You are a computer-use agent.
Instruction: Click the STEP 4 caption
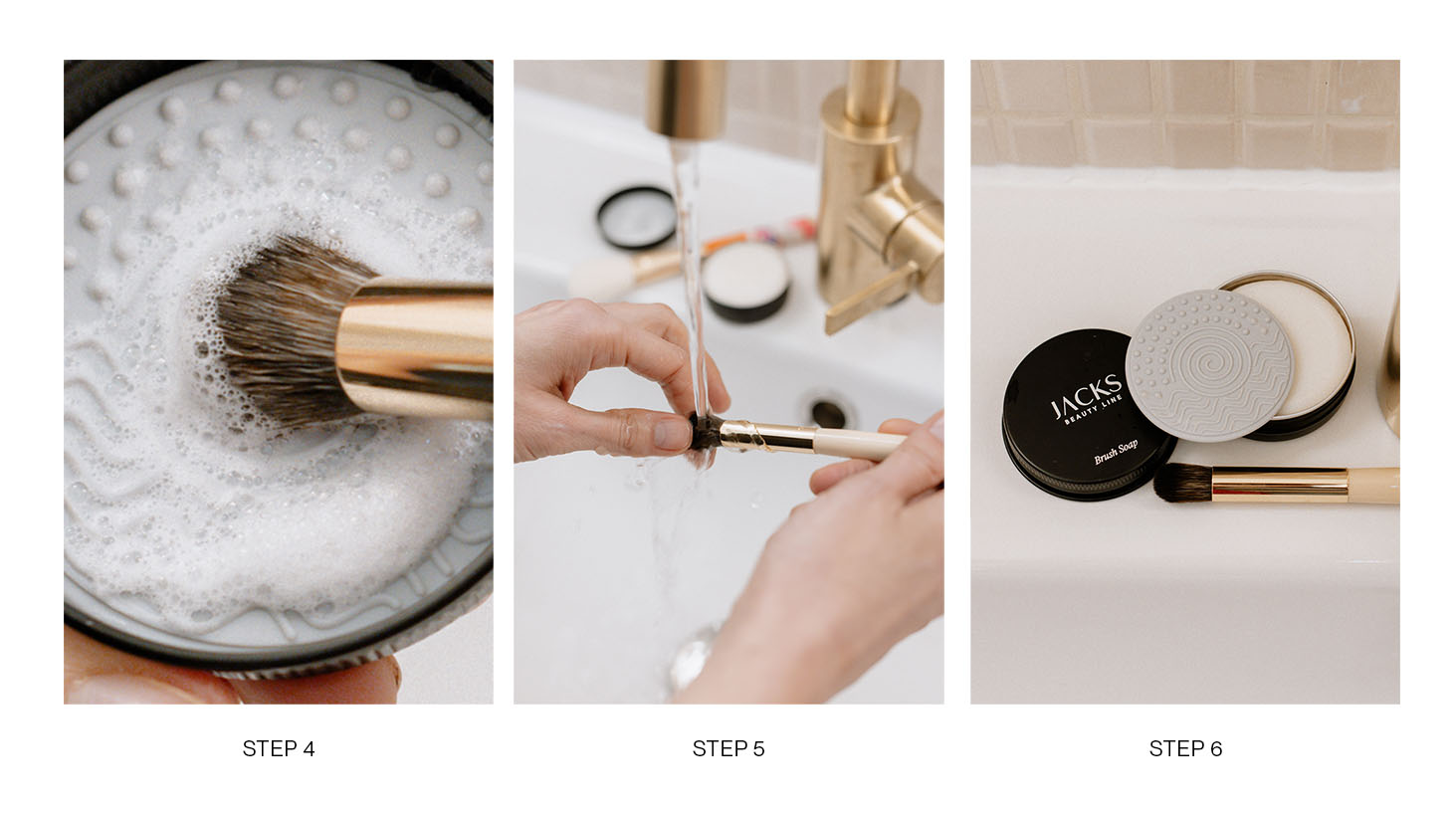[279, 748]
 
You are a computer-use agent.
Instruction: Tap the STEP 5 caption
[728, 748]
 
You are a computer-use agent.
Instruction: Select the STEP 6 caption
[1185, 748]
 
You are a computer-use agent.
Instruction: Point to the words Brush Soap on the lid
[1116, 451]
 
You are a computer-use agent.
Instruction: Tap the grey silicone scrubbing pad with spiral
[1208, 365]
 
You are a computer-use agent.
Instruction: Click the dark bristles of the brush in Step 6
[1182, 483]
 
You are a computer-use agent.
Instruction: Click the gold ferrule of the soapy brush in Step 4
[416, 348]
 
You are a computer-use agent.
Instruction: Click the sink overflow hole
[829, 414]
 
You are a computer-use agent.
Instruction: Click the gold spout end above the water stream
[687, 100]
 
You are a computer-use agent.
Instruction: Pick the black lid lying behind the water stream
[637, 217]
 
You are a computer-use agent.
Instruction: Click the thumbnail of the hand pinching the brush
[671, 434]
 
